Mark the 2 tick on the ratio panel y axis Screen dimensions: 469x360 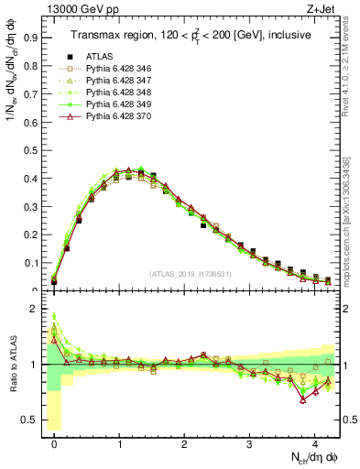pyautogui.click(x=33, y=309)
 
